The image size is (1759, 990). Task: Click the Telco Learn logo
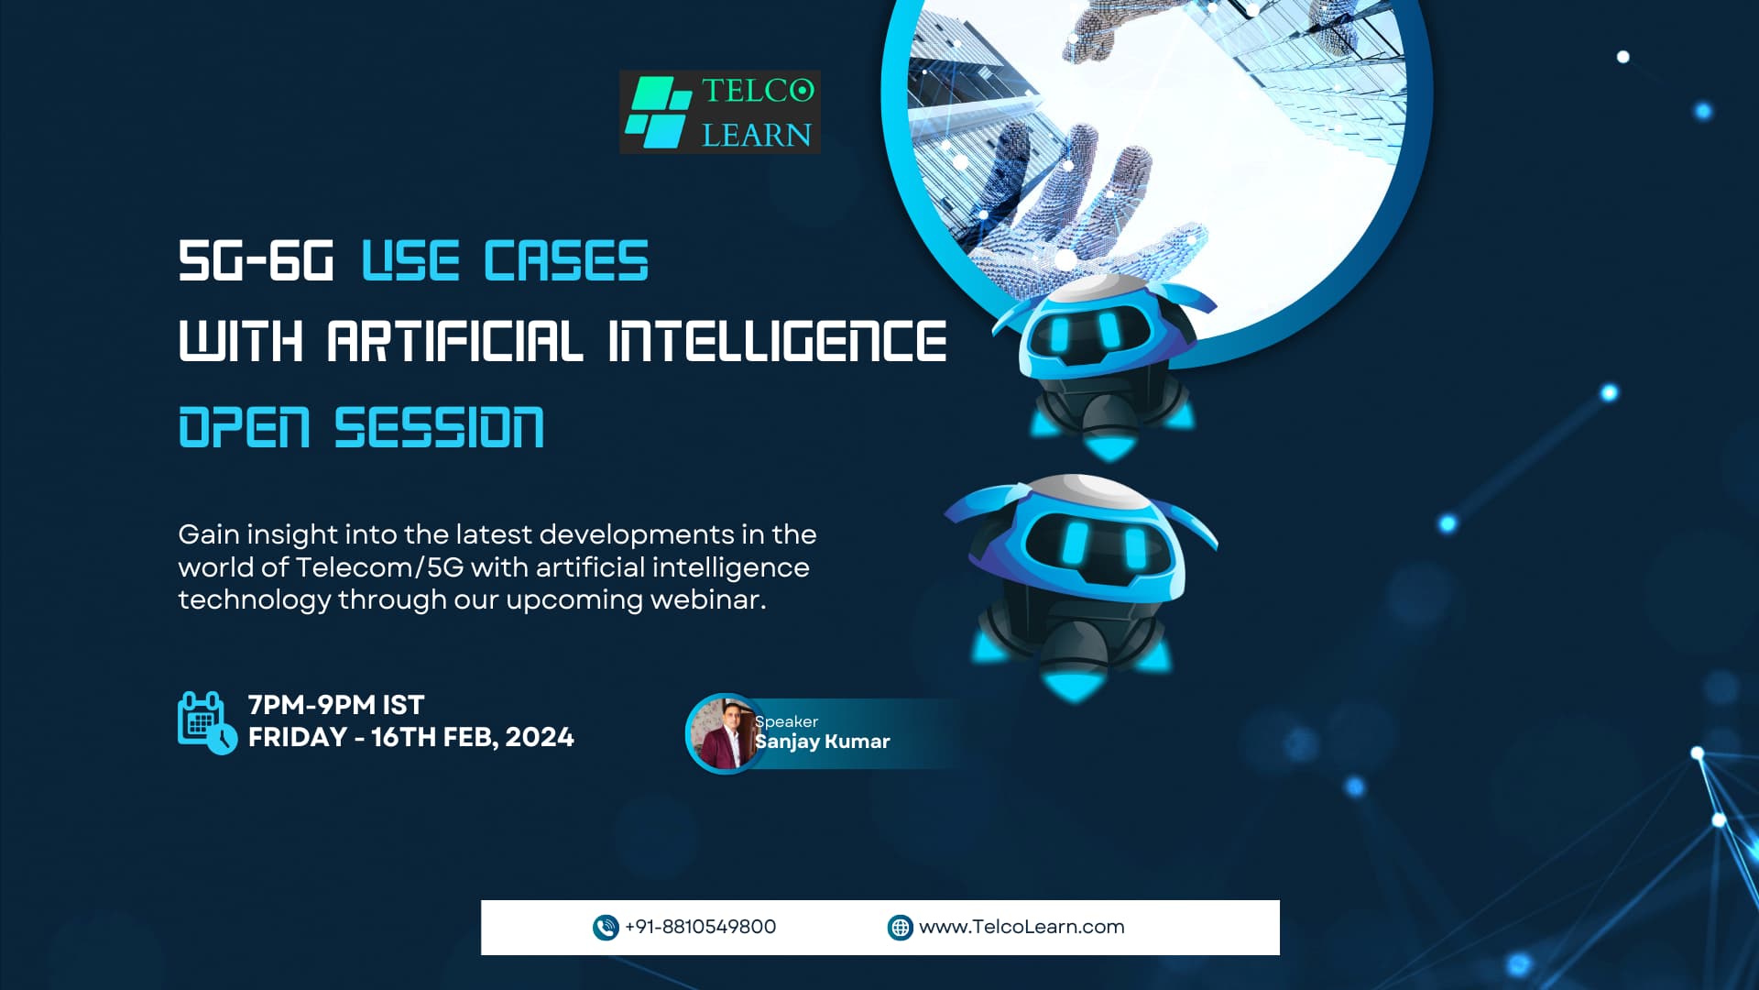click(x=719, y=112)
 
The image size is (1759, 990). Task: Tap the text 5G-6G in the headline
click(x=256, y=260)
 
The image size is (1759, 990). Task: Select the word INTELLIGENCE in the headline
click(x=777, y=341)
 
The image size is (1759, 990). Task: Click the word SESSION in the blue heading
click(x=439, y=427)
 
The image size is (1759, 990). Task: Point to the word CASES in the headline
click(x=566, y=260)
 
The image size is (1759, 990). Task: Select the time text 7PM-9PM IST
click(x=336, y=705)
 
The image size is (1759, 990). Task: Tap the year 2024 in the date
click(x=540, y=737)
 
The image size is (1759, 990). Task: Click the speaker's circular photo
click(x=724, y=733)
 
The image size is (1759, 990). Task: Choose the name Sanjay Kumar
click(x=822, y=742)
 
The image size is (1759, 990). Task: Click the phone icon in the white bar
click(x=606, y=928)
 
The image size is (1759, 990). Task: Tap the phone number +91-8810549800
click(x=700, y=927)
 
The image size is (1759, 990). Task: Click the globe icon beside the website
click(x=901, y=928)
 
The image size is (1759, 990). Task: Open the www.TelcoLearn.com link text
click(x=1022, y=927)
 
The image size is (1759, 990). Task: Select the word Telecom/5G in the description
click(x=379, y=567)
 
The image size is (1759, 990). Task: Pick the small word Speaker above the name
click(x=786, y=721)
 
